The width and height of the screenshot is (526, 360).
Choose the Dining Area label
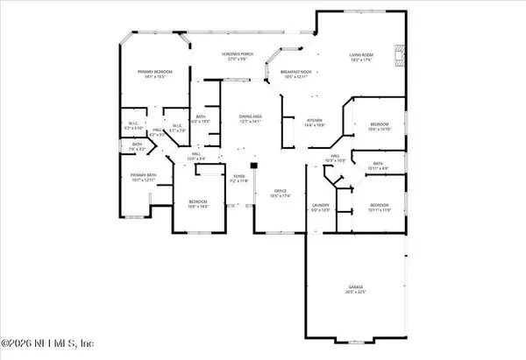[x=252, y=119]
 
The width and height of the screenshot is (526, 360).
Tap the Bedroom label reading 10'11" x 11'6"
[x=379, y=208]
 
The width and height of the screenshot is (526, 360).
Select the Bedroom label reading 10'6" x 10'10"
[x=379, y=126]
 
